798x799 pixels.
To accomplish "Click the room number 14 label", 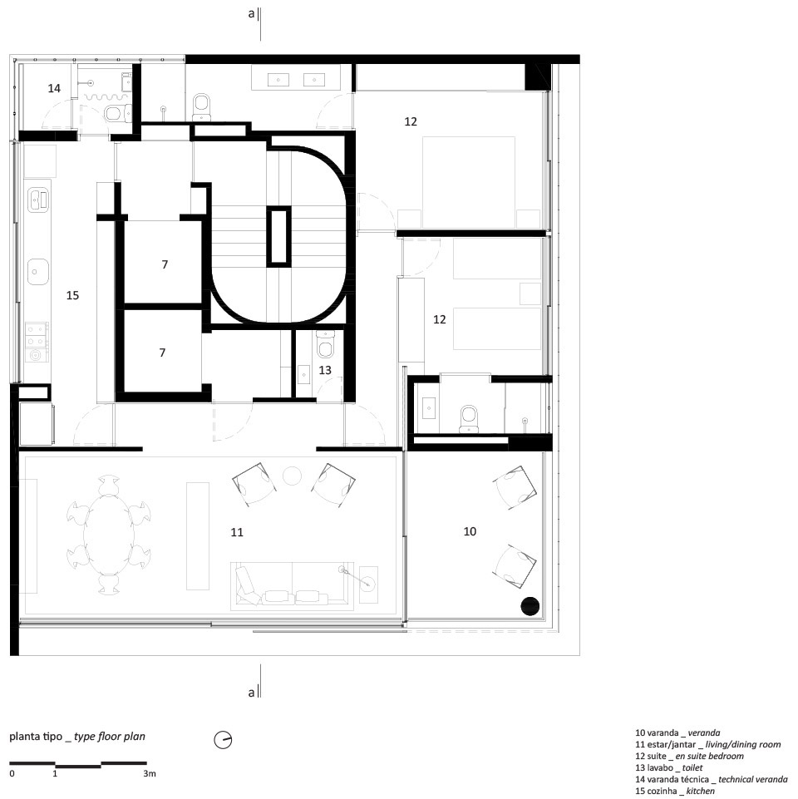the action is coord(54,88).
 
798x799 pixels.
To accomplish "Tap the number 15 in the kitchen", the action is coord(72,295).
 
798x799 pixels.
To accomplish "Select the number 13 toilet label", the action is coord(325,370).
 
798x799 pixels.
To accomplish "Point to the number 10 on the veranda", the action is coord(470,531).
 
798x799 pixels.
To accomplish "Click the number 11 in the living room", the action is coord(237,532).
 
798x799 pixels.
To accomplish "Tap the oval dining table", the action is coord(109,534).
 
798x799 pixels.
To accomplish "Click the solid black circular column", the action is coord(530,606).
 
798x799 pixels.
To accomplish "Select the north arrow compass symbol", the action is coord(223,739).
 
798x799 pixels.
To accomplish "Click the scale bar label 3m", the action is coord(150,773).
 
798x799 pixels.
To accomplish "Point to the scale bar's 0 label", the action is coord(12,773).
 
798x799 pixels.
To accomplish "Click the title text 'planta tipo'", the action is coord(36,737).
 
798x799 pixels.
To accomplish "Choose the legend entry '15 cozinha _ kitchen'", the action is coord(675,791).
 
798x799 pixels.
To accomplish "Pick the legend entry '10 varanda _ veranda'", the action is coord(677,732).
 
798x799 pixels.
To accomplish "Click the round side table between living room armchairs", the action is coord(292,476).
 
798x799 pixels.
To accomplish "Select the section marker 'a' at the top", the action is coord(251,14).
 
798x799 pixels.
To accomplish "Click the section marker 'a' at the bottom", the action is coord(251,693).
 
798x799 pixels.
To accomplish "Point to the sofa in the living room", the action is coord(293,586).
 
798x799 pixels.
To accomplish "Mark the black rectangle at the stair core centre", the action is coord(279,235).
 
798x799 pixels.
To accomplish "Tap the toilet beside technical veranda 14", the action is coord(116,112).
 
